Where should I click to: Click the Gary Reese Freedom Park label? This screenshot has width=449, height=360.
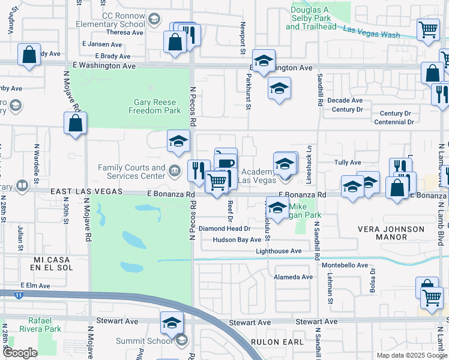[x=155, y=107]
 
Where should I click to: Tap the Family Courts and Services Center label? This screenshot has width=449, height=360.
[x=131, y=172]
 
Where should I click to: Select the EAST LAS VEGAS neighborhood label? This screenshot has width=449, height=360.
[x=86, y=191]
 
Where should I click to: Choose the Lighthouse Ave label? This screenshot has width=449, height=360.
[x=279, y=251]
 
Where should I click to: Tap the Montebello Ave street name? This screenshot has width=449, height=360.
[x=345, y=265]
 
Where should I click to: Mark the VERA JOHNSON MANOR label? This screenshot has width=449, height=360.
[x=391, y=233]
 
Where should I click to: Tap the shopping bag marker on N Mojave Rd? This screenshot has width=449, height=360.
[x=75, y=124]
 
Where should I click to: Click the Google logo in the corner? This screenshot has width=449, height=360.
[x=20, y=353]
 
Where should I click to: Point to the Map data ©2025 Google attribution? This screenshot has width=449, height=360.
[x=411, y=355]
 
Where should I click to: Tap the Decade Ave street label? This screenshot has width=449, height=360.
[x=348, y=100]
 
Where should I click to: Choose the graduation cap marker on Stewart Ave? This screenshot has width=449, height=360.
[x=172, y=322]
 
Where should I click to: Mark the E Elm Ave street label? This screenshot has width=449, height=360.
[x=33, y=285]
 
